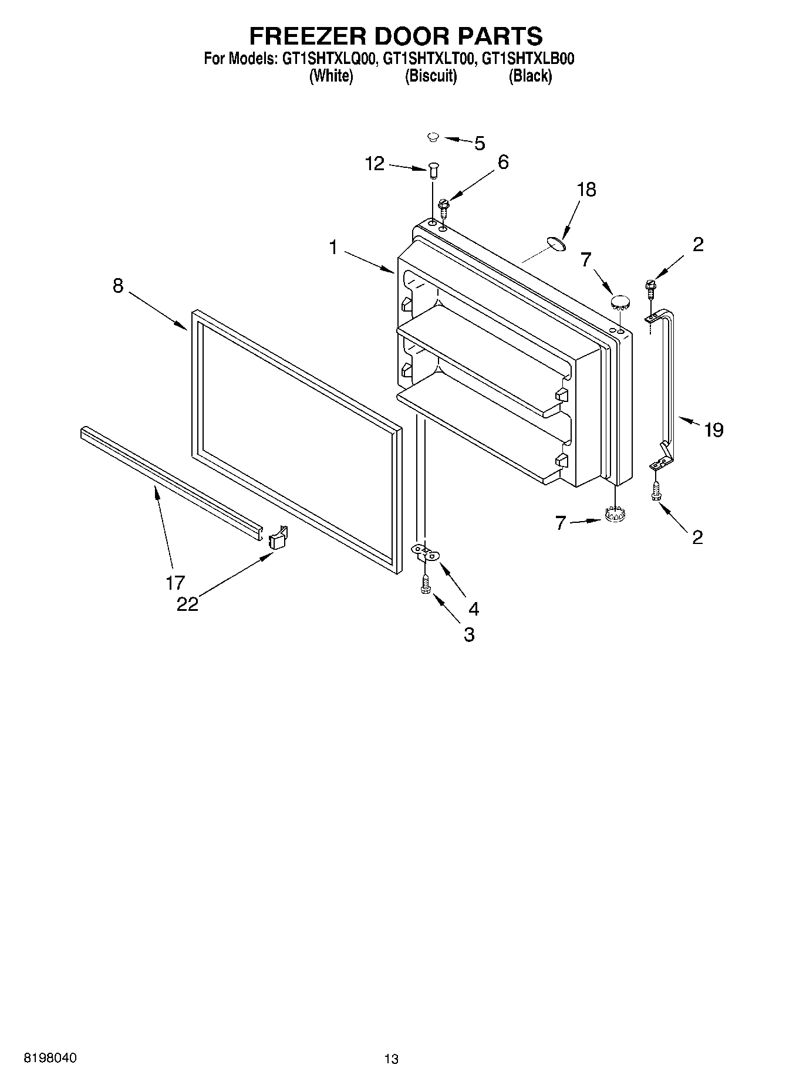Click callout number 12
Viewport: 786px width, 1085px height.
point(375,164)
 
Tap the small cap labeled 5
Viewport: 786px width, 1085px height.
point(433,137)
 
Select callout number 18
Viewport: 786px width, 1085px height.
point(586,190)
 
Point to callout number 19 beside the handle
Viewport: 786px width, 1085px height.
point(713,430)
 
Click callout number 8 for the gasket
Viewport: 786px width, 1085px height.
point(118,286)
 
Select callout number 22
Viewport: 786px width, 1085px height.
point(188,604)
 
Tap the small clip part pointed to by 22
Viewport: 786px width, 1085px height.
point(278,537)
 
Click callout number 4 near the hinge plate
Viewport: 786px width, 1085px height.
point(473,609)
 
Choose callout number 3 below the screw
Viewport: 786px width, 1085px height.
point(468,634)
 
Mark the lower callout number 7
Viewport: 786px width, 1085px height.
point(561,522)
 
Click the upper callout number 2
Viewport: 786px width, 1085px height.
point(697,244)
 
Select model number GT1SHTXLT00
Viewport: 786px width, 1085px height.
point(427,59)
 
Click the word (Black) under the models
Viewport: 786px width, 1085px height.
point(529,76)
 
